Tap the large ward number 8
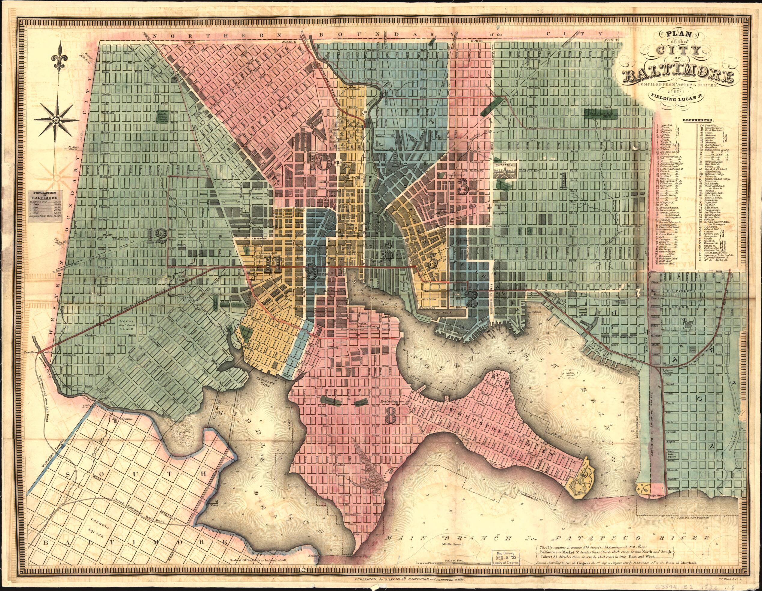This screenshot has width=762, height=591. pyautogui.click(x=390, y=424)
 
